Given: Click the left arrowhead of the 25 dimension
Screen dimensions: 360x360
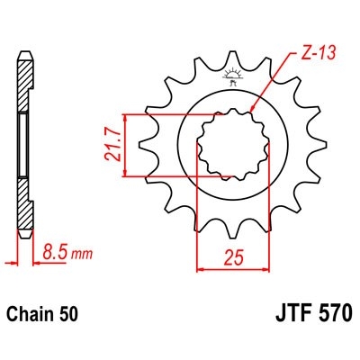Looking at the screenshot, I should coord(200,267).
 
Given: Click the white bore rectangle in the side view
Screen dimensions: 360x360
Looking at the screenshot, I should coord(26,144).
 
